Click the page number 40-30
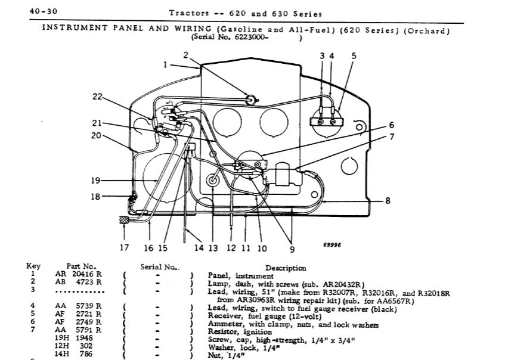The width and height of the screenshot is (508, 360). tap(44, 11)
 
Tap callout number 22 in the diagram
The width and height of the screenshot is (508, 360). tap(97, 97)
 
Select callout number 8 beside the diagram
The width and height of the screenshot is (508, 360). tap(388, 201)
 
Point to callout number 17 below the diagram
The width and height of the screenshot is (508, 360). tap(124, 248)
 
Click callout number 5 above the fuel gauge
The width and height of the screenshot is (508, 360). tap(354, 55)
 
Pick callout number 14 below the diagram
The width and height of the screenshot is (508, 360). tap(199, 248)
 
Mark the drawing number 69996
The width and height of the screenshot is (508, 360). tap(332, 245)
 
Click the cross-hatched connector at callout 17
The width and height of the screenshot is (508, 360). tap(124, 220)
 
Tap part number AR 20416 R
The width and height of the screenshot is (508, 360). tap(78, 274)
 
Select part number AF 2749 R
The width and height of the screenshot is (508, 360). tap(78, 322)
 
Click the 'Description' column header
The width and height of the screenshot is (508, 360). tap(286, 268)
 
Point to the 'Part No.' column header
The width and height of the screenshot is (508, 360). tap(82, 266)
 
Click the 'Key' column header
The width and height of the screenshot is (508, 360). tap(33, 266)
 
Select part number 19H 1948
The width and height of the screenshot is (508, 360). tap(74, 338)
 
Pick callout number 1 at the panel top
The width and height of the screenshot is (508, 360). tap(165, 65)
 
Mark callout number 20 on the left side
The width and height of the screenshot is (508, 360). tap(96, 135)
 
